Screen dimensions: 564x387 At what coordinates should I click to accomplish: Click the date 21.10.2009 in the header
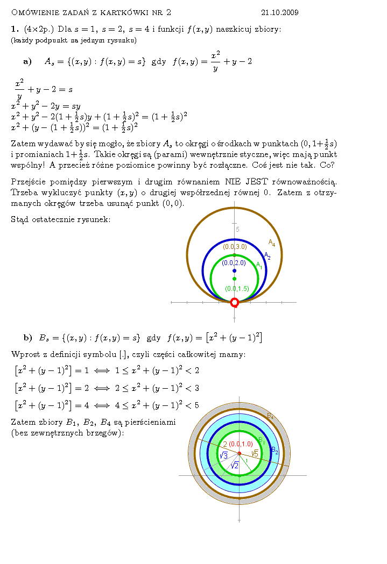(x=279, y=12)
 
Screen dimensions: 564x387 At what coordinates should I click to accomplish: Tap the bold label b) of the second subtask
(x=27, y=338)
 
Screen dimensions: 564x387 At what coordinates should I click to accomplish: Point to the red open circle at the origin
(x=234, y=303)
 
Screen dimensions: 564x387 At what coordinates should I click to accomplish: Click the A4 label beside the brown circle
(x=272, y=242)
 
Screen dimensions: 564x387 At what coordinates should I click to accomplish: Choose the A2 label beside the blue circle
(x=266, y=256)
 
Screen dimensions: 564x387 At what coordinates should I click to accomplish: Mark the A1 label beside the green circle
(x=259, y=265)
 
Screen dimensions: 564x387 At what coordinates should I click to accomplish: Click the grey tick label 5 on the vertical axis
(x=237, y=230)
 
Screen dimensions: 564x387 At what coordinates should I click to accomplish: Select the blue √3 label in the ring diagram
(x=223, y=456)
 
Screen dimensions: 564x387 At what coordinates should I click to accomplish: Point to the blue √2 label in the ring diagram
(x=234, y=466)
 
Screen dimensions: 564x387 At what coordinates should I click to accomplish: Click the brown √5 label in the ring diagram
(x=255, y=453)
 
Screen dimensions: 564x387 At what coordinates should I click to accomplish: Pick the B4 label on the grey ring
(x=270, y=416)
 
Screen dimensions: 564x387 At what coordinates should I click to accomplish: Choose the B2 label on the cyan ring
(x=274, y=449)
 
